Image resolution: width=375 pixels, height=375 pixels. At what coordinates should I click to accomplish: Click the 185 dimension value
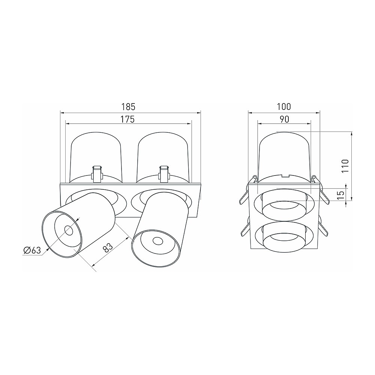128,106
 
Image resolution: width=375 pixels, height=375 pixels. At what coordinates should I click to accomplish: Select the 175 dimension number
127,119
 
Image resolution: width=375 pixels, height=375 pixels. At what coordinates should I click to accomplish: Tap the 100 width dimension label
284,106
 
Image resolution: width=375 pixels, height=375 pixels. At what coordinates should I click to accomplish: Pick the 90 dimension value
284,119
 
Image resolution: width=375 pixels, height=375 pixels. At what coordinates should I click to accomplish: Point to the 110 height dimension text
345,166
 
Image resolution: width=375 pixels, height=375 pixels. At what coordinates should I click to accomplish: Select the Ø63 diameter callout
32,250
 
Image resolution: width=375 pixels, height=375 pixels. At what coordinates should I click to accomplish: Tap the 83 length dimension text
108,248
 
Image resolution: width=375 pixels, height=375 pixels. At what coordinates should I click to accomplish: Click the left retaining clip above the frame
97,174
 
